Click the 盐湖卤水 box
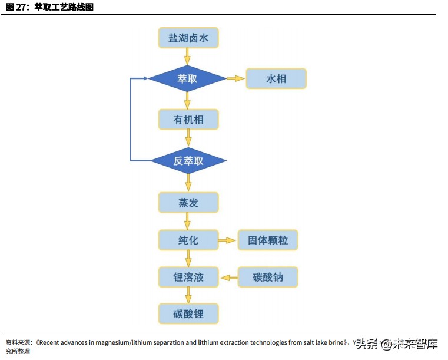point(188,38)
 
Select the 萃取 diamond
point(187,78)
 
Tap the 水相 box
point(276,78)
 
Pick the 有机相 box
point(188,120)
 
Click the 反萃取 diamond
point(188,160)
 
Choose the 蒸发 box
point(188,203)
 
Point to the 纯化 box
point(188,240)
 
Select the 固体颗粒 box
point(268,240)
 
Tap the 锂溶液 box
point(188,277)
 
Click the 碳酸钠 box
point(268,277)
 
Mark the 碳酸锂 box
point(188,313)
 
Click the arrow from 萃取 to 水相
point(235,78)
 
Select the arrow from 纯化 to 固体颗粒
point(227,240)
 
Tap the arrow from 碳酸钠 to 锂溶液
point(228,277)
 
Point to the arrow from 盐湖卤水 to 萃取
point(188,57)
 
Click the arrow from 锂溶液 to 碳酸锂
point(188,295)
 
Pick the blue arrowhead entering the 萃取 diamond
point(143,78)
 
